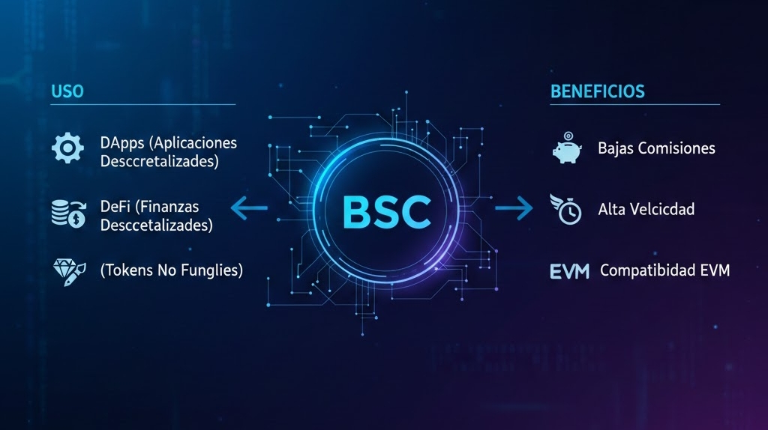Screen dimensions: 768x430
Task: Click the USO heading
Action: tap(67, 92)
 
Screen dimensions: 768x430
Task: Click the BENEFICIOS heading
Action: tap(597, 92)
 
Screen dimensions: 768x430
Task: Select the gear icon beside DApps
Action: tap(67, 148)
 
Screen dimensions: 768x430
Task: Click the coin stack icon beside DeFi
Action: tap(67, 212)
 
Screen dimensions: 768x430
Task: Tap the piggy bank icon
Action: tap(568, 148)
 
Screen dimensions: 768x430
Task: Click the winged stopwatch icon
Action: tap(568, 209)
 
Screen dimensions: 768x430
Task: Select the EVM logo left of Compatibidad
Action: tap(569, 270)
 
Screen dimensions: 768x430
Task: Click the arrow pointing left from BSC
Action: tap(249, 209)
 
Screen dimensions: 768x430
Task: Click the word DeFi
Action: tap(115, 205)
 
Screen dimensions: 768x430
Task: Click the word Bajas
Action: tap(615, 148)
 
